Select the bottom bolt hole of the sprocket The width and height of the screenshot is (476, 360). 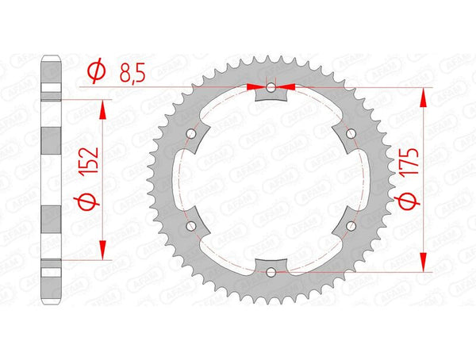coord(271,273)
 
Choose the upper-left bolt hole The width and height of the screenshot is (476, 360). coord(190,133)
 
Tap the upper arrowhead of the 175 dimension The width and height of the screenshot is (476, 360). coord(423,95)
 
